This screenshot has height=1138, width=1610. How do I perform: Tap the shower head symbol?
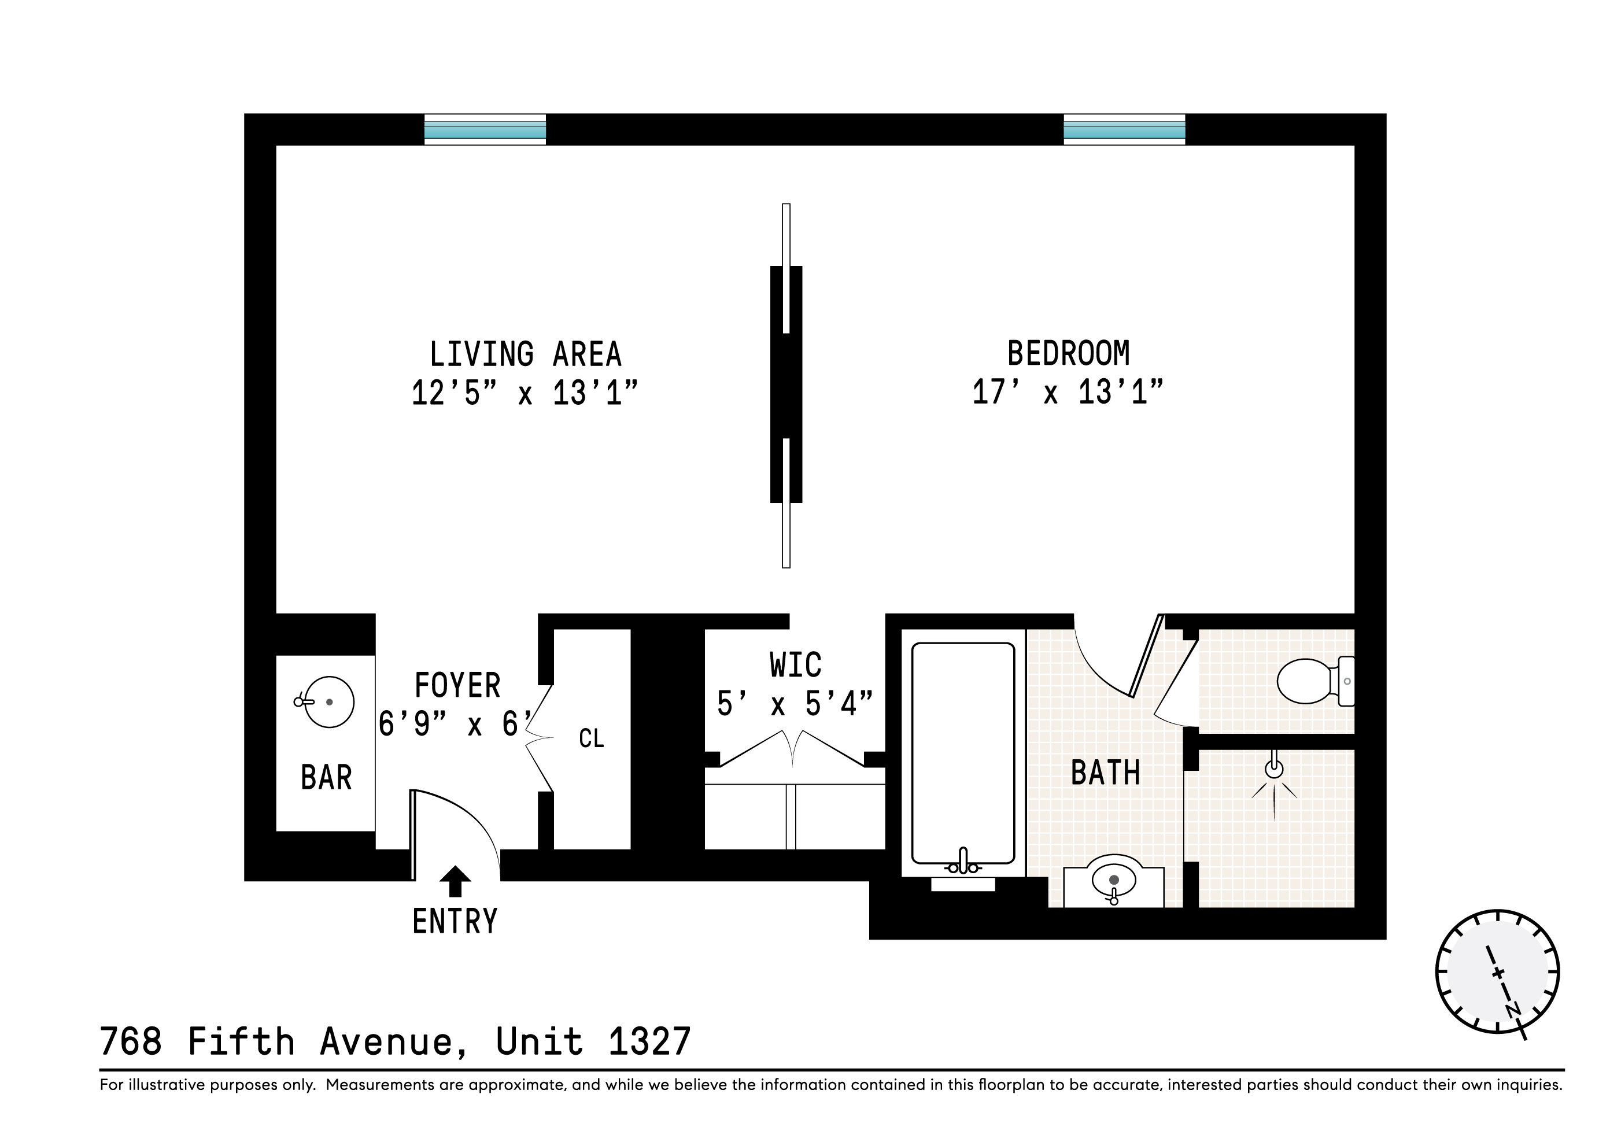click(x=1274, y=770)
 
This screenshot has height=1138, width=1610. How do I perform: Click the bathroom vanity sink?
click(x=1114, y=881)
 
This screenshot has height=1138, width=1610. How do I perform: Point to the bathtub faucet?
click(x=963, y=862)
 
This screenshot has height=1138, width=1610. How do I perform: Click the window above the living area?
click(x=485, y=130)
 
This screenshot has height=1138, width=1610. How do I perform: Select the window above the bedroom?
click(x=1124, y=130)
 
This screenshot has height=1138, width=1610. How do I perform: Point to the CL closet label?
click(x=591, y=738)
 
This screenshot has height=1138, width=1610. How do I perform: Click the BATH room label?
click(x=1106, y=773)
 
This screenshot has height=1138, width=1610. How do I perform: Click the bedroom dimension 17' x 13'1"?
click(x=1067, y=393)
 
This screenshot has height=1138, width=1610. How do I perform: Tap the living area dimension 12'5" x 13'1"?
click(x=525, y=393)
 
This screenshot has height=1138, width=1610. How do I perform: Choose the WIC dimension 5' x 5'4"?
click(x=795, y=704)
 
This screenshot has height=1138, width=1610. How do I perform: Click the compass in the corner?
click(x=1497, y=972)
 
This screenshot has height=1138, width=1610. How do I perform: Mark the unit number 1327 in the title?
click(x=649, y=1042)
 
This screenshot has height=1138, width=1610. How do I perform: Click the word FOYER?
click(x=457, y=686)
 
